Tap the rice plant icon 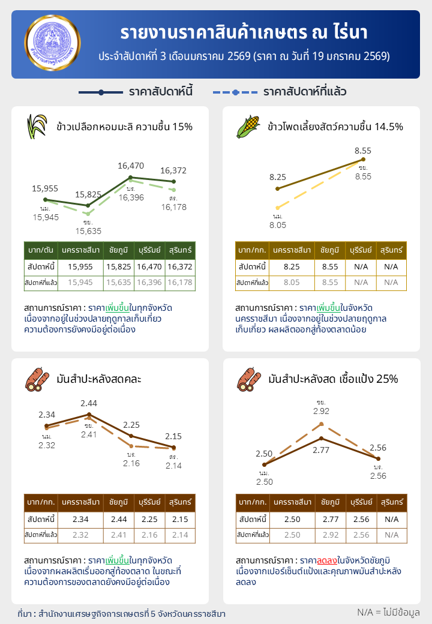(37, 127)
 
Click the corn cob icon (248, 127)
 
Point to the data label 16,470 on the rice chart (131, 166)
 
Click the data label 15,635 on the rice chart (88, 230)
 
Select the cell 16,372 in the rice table (181, 266)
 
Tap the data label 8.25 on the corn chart (277, 177)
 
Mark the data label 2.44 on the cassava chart (89, 403)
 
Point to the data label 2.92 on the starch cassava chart (321, 412)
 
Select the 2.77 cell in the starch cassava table (330, 519)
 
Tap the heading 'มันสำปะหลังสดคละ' (99, 379)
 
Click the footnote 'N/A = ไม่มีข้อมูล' (388, 612)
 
